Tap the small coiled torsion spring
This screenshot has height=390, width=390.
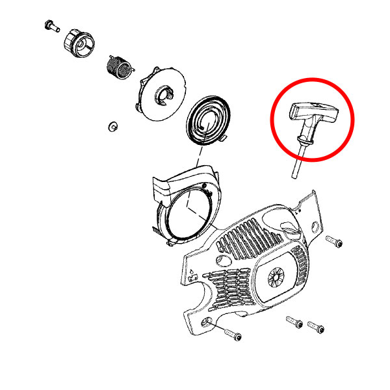(119, 66)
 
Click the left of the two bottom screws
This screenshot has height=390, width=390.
(294, 322)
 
